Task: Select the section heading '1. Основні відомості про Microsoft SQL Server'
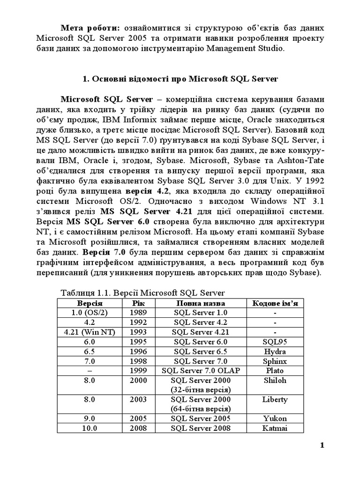[x=180, y=79]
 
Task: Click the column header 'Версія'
[x=90, y=303]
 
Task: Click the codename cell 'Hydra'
[x=275, y=352]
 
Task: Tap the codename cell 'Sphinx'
[x=275, y=361]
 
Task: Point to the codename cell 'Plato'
[x=275, y=371]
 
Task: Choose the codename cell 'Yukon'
[x=275, y=419]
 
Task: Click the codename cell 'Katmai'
[x=275, y=428]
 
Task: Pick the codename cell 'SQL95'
[x=275, y=342]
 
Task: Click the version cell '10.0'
[x=90, y=428]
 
